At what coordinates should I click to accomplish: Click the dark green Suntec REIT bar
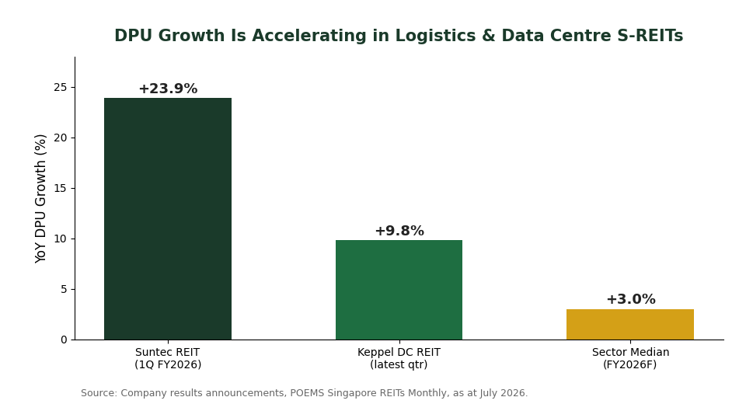pyautogui.click(x=168, y=219)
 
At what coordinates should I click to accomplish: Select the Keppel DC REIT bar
pyautogui.click(x=399, y=290)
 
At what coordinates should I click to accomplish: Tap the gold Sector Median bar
pyautogui.click(x=630, y=325)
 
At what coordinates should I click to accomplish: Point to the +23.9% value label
pyautogui.click(x=168, y=89)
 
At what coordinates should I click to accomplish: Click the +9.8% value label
pyautogui.click(x=399, y=231)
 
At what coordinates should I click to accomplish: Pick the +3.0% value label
pyautogui.click(x=630, y=299)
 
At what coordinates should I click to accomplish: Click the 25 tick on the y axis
pyautogui.click(x=61, y=88)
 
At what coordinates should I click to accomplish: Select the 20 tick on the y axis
pyautogui.click(x=61, y=138)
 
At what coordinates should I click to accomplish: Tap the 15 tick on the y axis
pyautogui.click(x=61, y=189)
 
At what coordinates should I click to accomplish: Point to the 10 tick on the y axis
pyautogui.click(x=61, y=239)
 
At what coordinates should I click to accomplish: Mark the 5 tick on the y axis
pyautogui.click(x=64, y=289)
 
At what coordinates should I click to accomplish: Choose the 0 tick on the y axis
pyautogui.click(x=64, y=340)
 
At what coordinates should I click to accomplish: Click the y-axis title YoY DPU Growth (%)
pyautogui.click(x=40, y=198)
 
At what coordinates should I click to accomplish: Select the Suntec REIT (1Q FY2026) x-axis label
pyautogui.click(x=168, y=358)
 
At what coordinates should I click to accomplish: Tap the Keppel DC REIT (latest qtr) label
pyautogui.click(x=399, y=358)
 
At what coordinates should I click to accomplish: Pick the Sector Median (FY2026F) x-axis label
pyautogui.click(x=630, y=358)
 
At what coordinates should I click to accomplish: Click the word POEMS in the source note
pyautogui.click(x=305, y=393)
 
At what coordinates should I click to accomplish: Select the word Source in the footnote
pyautogui.click(x=99, y=393)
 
